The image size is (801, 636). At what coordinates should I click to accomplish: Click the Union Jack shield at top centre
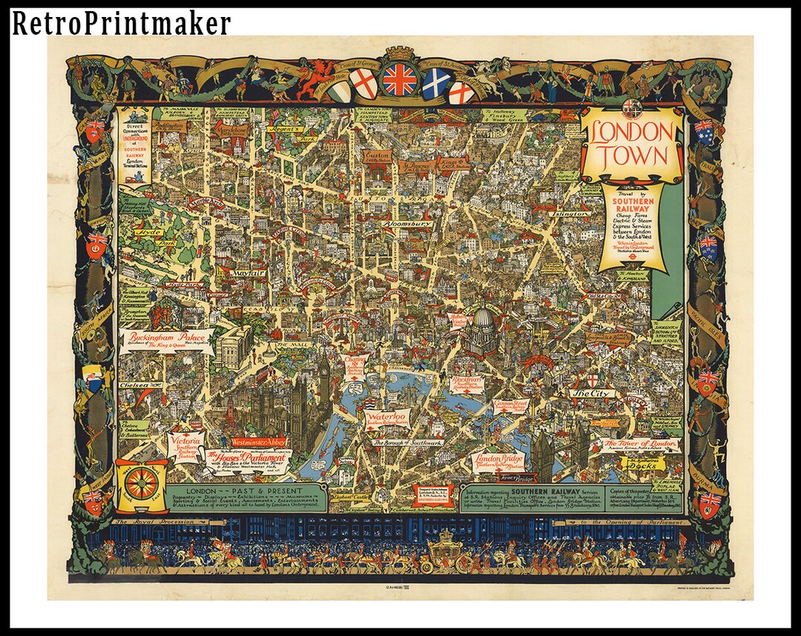point(399,79)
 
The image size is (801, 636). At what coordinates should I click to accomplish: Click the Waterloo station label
point(386,417)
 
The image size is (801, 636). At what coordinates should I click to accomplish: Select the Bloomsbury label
point(407,222)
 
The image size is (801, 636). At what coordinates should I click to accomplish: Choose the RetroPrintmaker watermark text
point(121,24)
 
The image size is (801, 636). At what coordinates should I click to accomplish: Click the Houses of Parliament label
point(245,462)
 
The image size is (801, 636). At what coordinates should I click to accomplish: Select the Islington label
point(571,213)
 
